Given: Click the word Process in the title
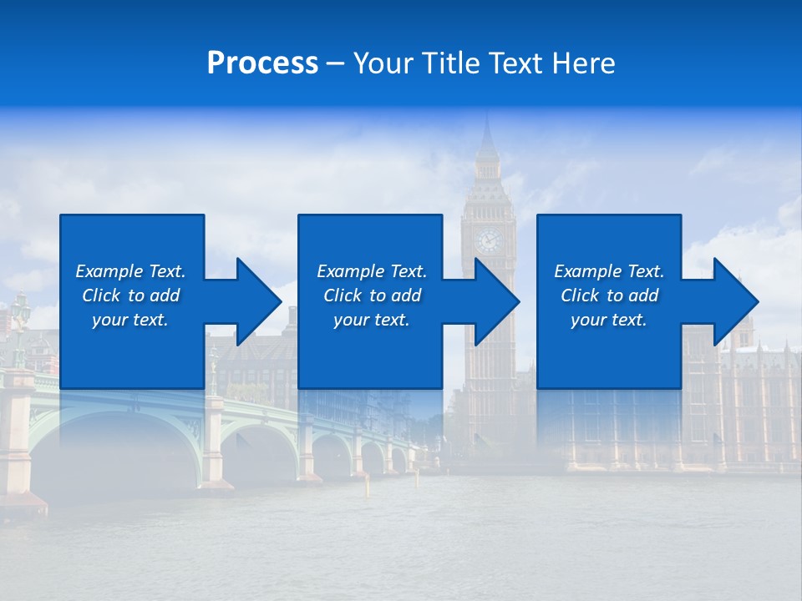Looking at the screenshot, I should [x=262, y=63].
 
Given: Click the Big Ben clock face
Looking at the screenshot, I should [x=488, y=241].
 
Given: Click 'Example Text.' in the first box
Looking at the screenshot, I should [x=130, y=271].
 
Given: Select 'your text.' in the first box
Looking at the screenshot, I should [x=130, y=320].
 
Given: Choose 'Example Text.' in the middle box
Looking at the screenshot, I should [x=372, y=271].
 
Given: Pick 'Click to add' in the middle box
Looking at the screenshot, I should [x=372, y=295].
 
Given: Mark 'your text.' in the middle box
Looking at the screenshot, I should [x=372, y=320].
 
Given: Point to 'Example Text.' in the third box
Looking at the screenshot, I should [x=609, y=271].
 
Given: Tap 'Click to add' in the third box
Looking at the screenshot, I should [x=609, y=295].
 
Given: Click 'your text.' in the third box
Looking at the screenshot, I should [x=609, y=320].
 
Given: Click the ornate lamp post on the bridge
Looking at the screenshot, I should [x=19, y=326].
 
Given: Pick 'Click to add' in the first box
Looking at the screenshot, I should [x=130, y=295].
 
